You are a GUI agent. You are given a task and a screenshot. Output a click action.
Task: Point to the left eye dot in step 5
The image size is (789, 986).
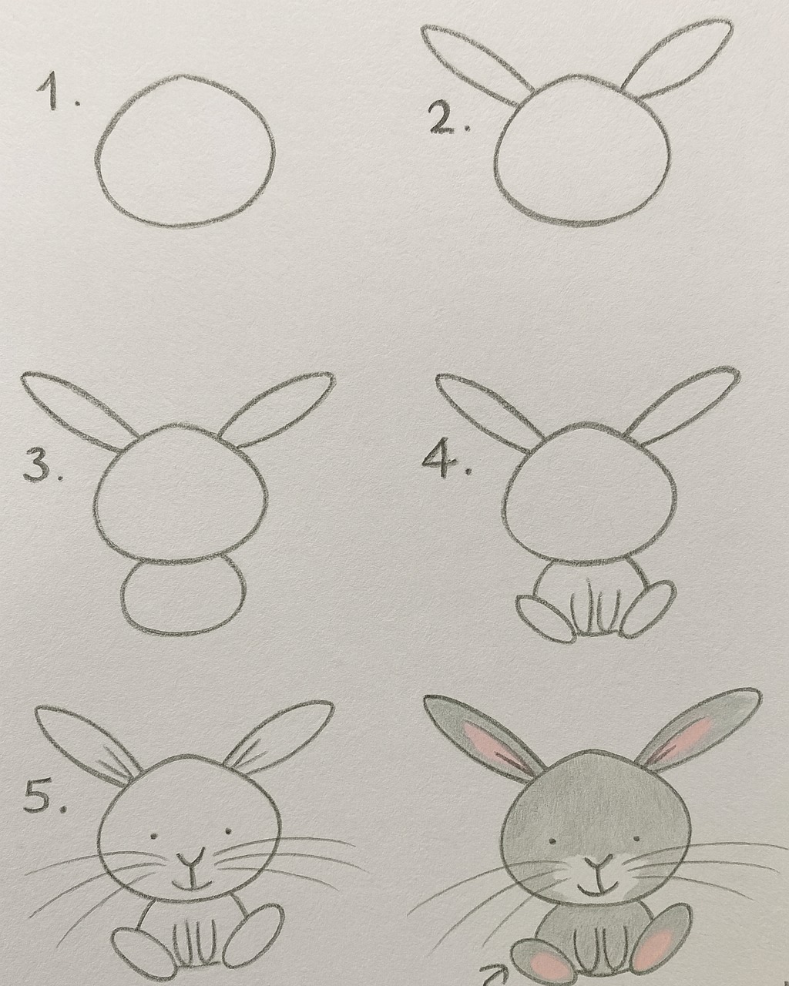153,835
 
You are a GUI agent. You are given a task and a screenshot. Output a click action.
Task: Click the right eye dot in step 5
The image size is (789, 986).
228,830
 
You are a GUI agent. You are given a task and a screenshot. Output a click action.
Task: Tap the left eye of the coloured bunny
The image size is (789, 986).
552,840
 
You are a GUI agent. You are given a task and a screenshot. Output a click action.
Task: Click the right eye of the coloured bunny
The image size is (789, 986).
636,838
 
